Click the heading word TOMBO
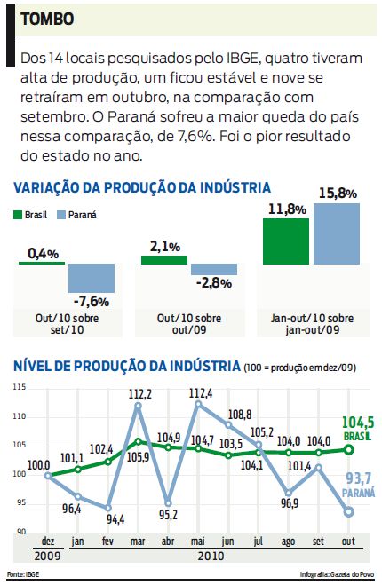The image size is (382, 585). coord(46,18)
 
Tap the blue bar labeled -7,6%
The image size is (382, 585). coord(92,278)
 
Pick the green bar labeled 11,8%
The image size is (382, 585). coord(286,241)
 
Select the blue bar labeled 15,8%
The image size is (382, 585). coord(337,233)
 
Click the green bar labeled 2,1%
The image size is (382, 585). coord(164,259)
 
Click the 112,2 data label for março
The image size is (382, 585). coord(140,393)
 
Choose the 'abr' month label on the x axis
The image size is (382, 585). coord(168,542)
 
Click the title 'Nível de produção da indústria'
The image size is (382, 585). coord(124,366)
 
